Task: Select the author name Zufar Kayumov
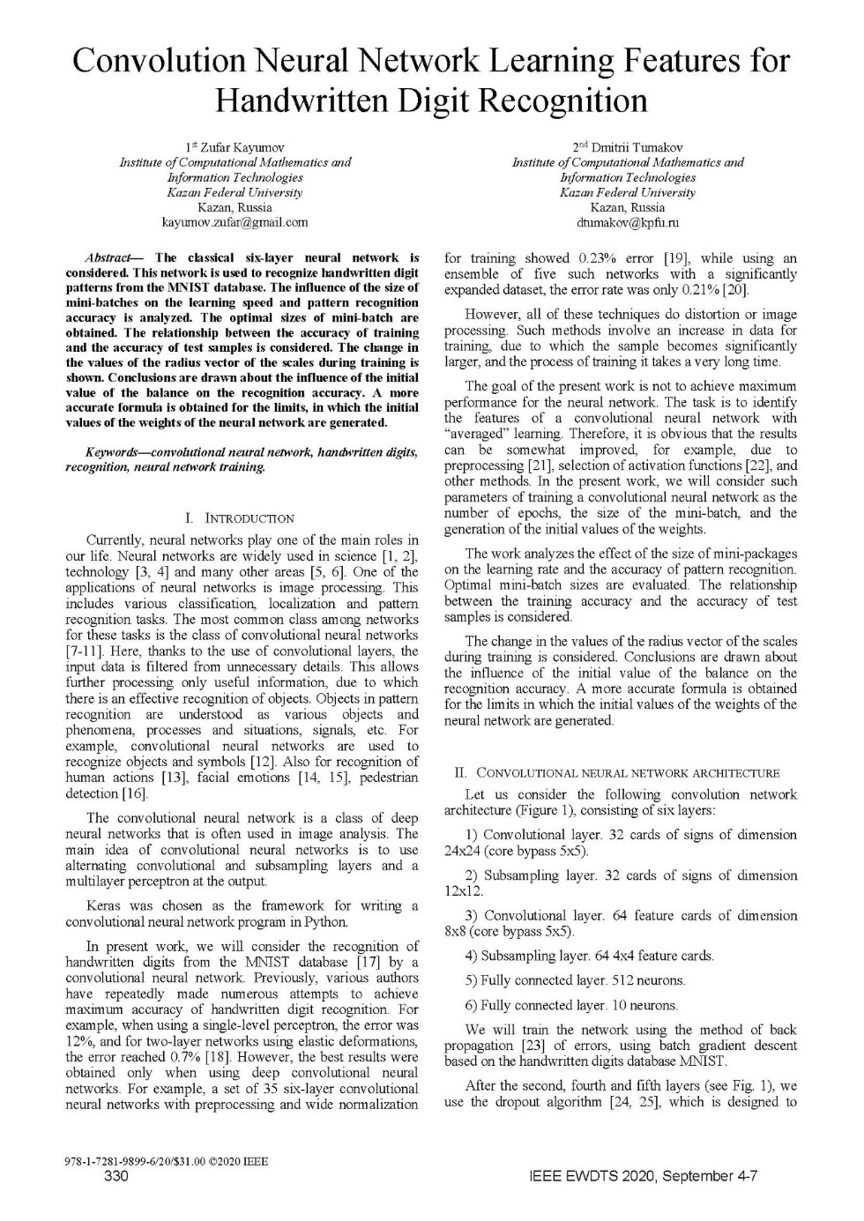pyautogui.click(x=241, y=147)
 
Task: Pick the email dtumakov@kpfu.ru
pyautogui.click(x=628, y=223)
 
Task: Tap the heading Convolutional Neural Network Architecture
pyautogui.click(x=627, y=773)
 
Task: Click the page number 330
pyautogui.click(x=116, y=1176)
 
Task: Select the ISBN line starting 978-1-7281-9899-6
pyautogui.click(x=167, y=1161)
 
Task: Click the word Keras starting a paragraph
pyautogui.click(x=105, y=905)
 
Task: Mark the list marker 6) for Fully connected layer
pyautogui.click(x=471, y=1005)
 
